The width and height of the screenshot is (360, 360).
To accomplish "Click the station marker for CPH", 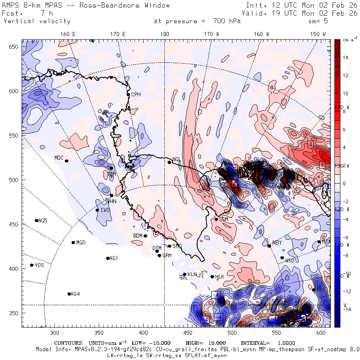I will point(128,95).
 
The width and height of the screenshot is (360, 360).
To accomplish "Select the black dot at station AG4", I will point(69,294).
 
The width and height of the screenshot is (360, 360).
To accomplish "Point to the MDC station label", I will point(59,158).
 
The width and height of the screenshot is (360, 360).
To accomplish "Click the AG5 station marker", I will point(36,220).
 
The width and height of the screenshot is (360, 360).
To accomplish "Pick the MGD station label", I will point(81,243).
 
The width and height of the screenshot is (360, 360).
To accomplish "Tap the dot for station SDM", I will point(216,219).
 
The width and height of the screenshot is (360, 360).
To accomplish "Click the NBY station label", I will point(277,243).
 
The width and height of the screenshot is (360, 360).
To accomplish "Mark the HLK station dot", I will point(212,276).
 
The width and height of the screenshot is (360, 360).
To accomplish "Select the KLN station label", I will point(192,274).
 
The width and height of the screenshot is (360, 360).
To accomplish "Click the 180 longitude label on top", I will point(164,34).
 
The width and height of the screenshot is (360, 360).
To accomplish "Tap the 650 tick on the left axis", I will point(14,47).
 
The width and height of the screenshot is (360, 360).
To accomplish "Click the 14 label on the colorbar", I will point(345,58).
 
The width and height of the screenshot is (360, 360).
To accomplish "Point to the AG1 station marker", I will point(108,258).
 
